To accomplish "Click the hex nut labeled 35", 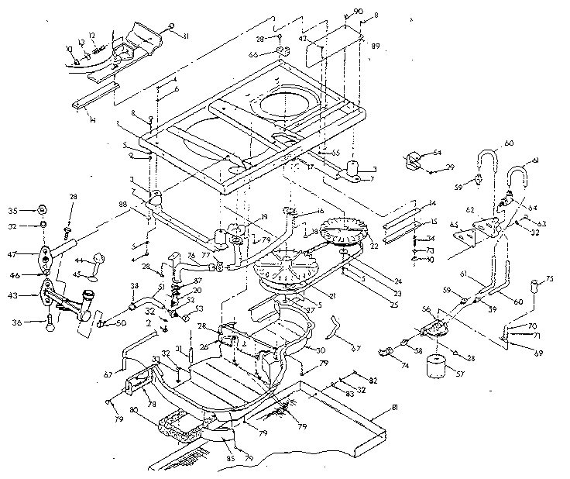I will coord(43,210).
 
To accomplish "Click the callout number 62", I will coord(469,209).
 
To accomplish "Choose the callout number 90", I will coord(358,10).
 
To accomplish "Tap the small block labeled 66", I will coord(280,52).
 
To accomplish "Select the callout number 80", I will coord(135,410).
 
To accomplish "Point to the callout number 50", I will coord(122,322).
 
